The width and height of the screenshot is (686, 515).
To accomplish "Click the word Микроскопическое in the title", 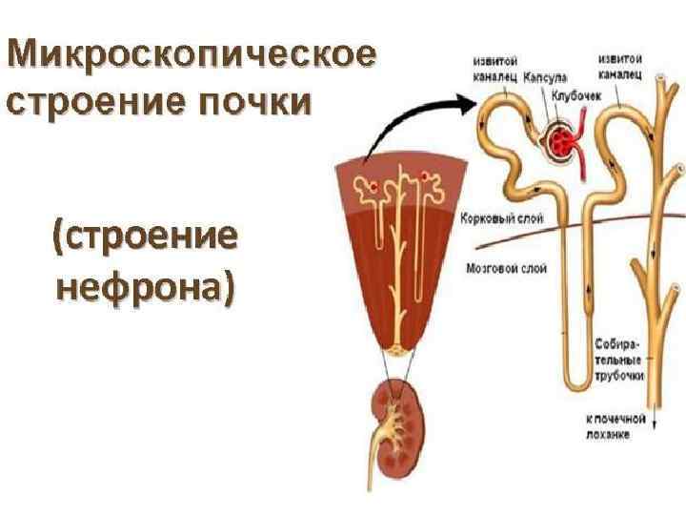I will pyautogui.click(x=191, y=56).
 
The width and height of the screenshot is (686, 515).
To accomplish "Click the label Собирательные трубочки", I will pyautogui.click(x=618, y=358).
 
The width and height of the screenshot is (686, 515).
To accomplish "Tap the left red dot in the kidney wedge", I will pyautogui.click(x=373, y=185).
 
